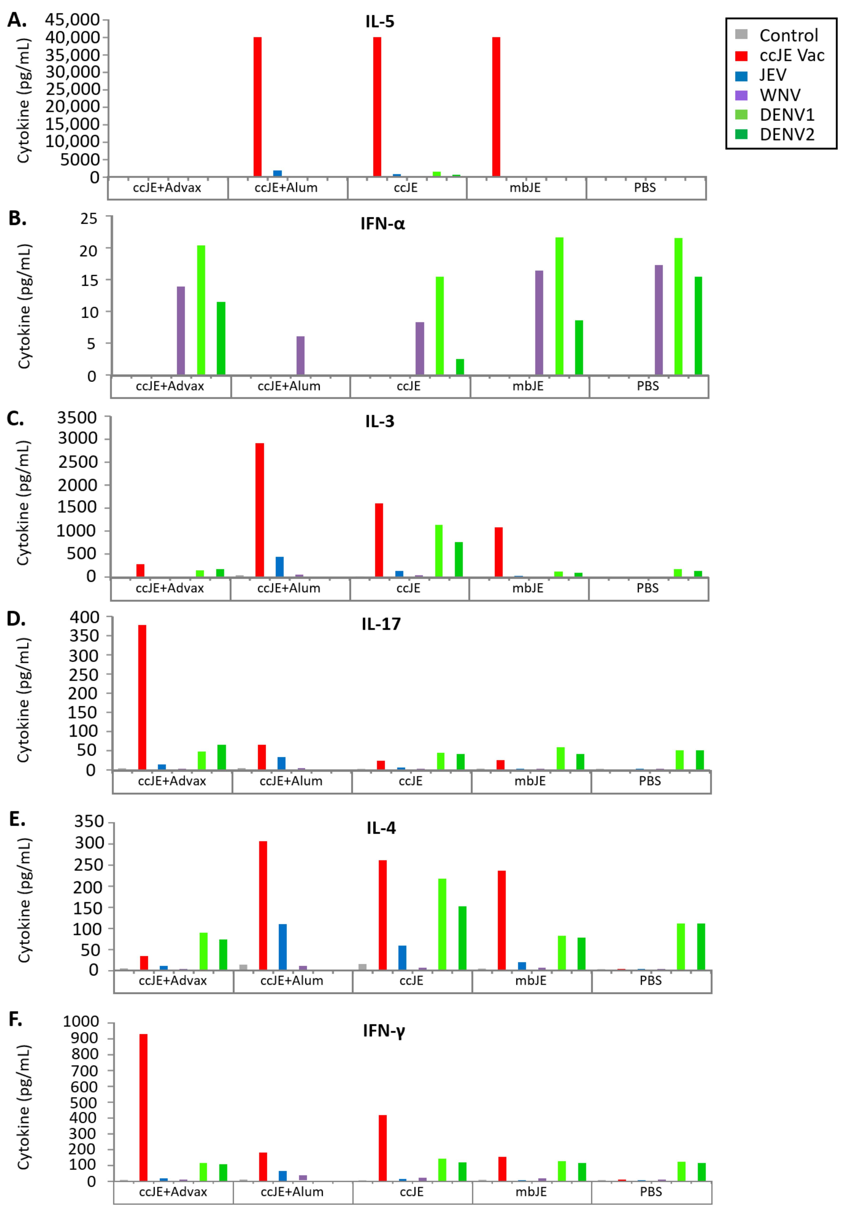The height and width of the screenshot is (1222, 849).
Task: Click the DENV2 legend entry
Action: tap(786, 135)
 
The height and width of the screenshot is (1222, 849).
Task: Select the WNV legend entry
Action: tap(779, 95)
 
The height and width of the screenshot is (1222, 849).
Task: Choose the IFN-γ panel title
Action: tap(383, 1030)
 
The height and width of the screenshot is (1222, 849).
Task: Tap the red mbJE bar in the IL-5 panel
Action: tap(496, 106)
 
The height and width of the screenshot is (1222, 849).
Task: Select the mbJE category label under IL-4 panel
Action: tap(530, 980)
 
